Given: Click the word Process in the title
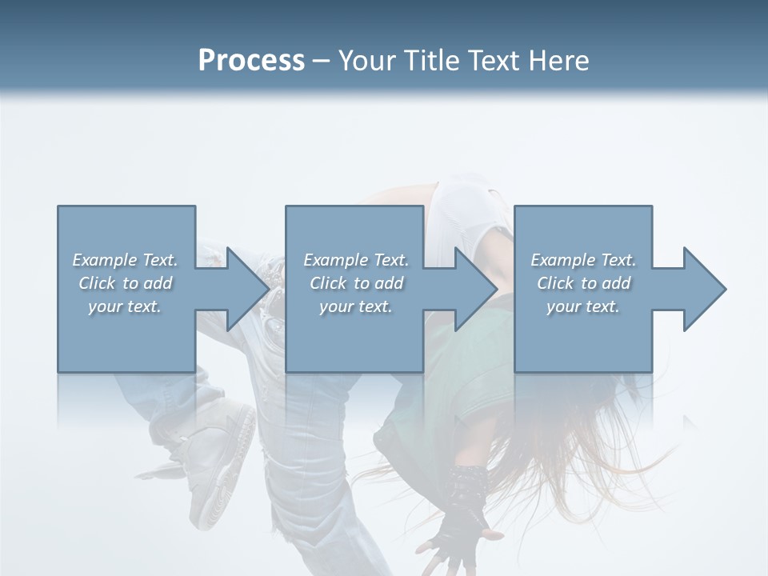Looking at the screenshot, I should pos(251,61).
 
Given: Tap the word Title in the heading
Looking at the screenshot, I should pos(430,61).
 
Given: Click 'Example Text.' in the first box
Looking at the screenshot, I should pos(126,260).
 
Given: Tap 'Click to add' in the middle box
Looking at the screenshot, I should pos(356,283).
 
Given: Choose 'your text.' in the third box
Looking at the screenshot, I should pos(583,306).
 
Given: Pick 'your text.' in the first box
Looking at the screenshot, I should pos(126,306).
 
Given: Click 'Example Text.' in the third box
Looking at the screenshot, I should pos(583,260).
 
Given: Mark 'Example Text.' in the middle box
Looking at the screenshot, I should pos(356,260).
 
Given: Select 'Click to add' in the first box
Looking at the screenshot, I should pos(126,283).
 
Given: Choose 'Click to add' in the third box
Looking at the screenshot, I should pos(583,283).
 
